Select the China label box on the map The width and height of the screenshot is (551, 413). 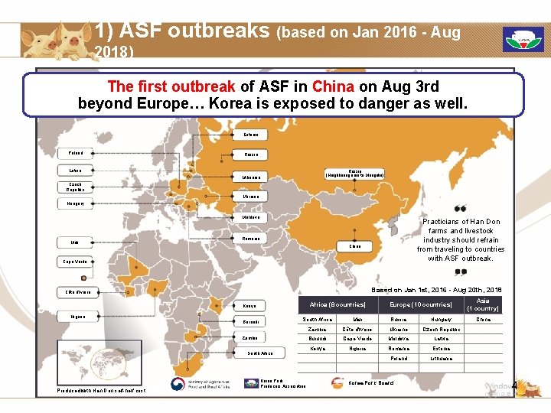[355, 246]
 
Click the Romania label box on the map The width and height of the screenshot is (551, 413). [250, 239]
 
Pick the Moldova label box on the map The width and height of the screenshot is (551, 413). [250, 217]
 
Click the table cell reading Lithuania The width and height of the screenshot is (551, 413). [442, 358]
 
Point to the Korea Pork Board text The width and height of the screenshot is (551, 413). [370, 382]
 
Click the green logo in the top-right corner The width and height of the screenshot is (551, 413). [523, 39]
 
